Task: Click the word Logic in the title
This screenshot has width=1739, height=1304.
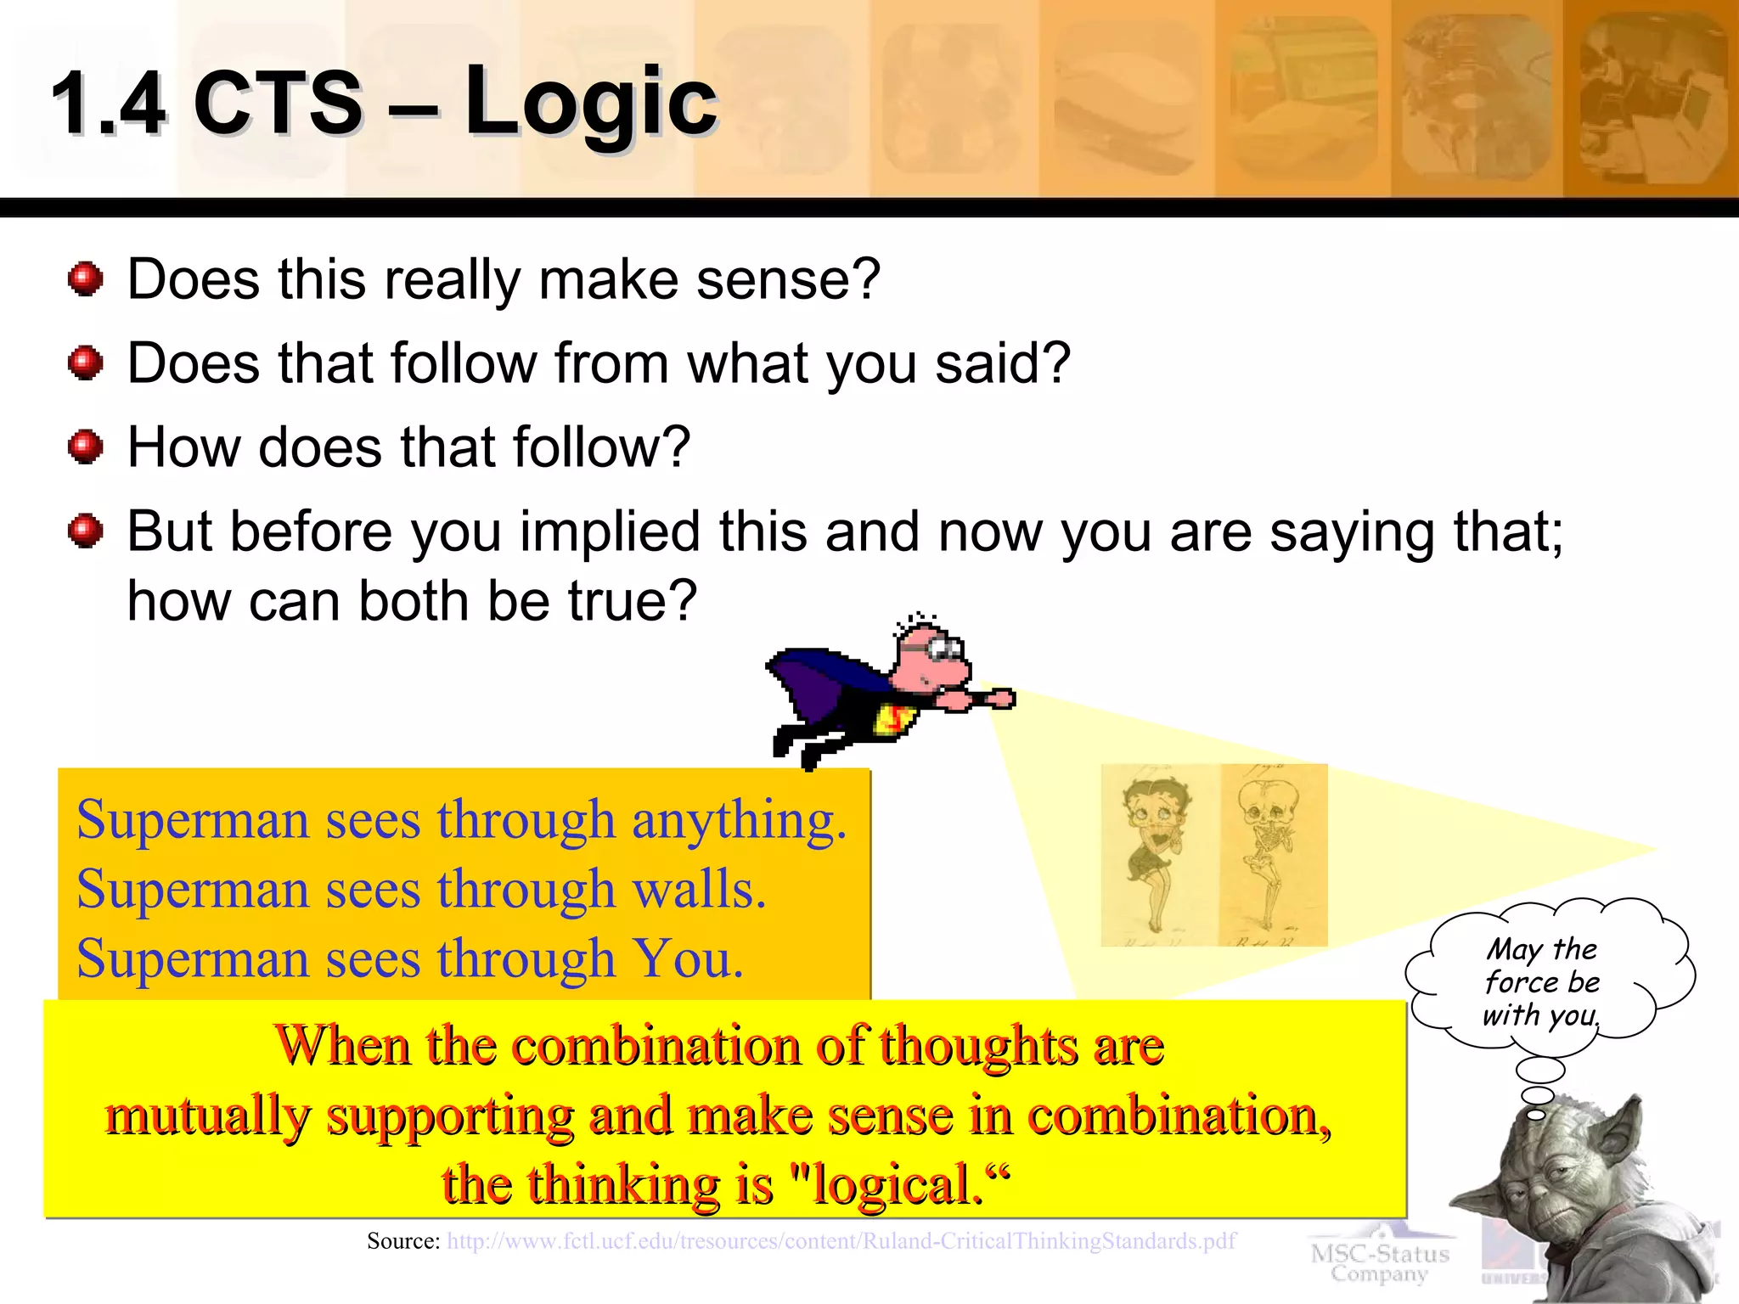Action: coord(591,104)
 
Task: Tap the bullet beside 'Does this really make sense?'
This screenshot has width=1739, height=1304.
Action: coord(85,279)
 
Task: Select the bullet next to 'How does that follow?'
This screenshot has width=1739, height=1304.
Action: coord(85,447)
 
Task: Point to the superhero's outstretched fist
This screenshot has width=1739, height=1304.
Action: coord(1003,699)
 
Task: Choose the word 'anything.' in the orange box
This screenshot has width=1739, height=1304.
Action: coord(739,822)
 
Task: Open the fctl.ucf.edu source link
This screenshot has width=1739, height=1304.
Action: coord(841,1242)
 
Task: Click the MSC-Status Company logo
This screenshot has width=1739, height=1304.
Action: coord(1379,1262)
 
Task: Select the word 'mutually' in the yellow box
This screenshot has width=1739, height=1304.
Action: coord(207,1116)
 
